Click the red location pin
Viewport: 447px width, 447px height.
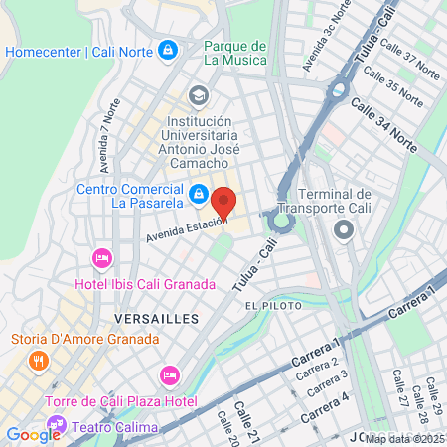[x=223, y=202]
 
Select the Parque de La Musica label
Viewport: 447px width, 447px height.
[x=235, y=53]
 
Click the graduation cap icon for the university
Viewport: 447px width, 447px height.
[x=199, y=96]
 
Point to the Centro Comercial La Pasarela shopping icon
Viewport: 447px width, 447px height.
[x=199, y=193]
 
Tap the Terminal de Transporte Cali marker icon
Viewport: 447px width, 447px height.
[x=344, y=231]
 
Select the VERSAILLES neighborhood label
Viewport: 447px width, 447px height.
[x=157, y=319]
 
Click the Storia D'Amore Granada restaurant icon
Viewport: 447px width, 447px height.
[x=39, y=361]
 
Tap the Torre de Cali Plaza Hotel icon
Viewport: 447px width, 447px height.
[x=168, y=375]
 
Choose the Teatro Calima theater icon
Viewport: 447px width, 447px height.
[x=56, y=426]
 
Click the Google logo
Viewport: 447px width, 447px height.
[x=33, y=434]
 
